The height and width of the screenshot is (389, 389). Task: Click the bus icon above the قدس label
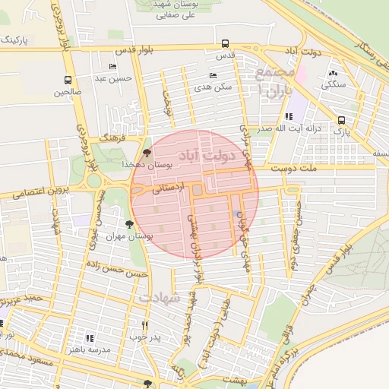[x=224, y=43]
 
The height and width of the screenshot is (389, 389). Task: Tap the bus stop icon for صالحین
[x=68, y=80]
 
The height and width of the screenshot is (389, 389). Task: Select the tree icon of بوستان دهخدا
[x=147, y=153]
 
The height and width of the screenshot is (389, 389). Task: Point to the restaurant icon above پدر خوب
[x=144, y=324]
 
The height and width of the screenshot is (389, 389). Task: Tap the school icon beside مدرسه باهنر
[x=90, y=338]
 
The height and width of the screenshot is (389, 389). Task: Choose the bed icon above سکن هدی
[x=212, y=76]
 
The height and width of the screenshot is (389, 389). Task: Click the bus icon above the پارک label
[x=341, y=119]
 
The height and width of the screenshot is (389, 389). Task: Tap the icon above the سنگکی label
[x=333, y=73]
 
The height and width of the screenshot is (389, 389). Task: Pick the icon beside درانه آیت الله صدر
[x=288, y=116]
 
